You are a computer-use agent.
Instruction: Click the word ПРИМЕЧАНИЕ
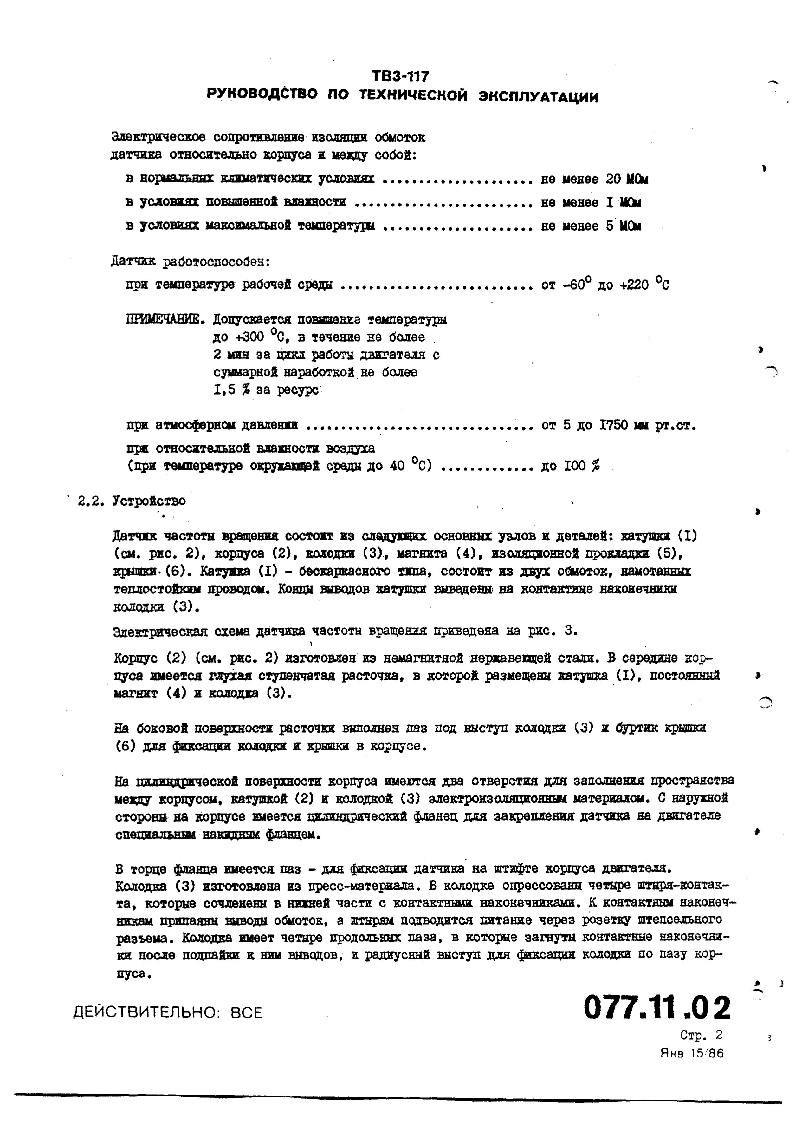point(165,320)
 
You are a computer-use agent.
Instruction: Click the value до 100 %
point(570,465)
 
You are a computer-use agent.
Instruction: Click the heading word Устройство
point(149,501)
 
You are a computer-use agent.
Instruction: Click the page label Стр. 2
point(701,1035)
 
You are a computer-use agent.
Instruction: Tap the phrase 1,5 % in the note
point(232,390)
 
